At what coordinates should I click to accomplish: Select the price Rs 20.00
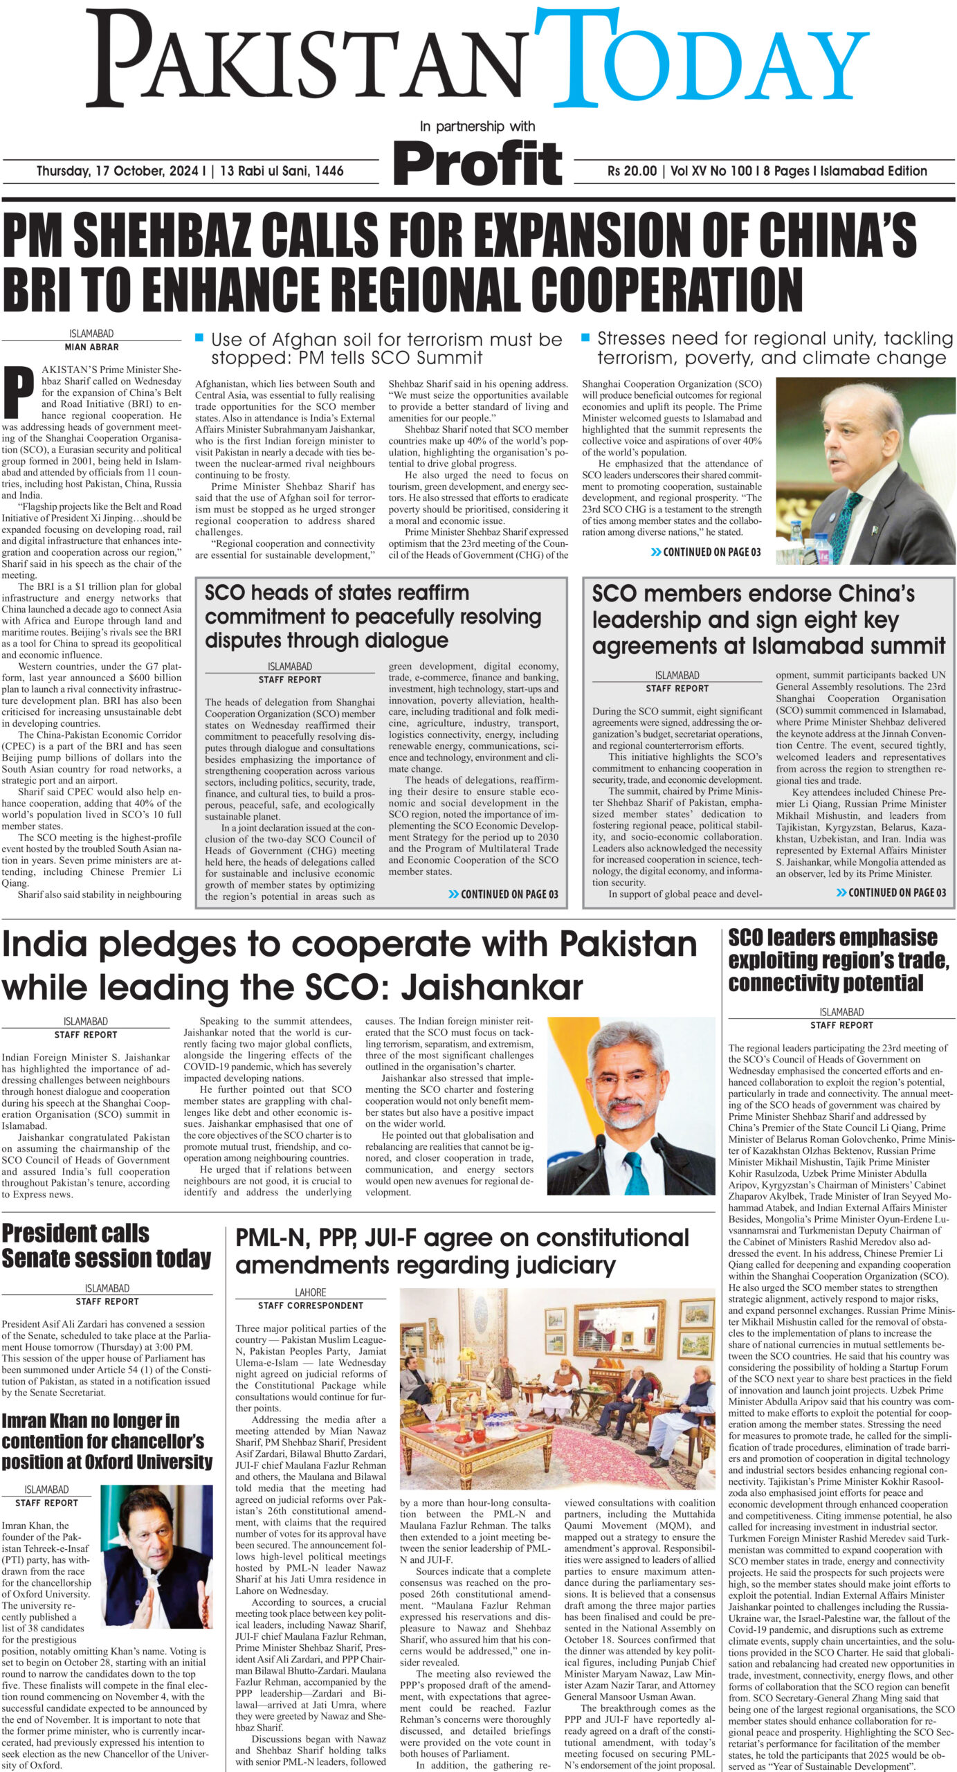[632, 171]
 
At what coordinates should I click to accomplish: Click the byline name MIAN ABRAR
[91, 347]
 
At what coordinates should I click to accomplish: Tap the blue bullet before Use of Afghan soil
[199, 338]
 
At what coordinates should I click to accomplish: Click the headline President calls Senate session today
[106, 1245]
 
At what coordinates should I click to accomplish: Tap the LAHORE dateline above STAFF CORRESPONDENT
[310, 1292]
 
